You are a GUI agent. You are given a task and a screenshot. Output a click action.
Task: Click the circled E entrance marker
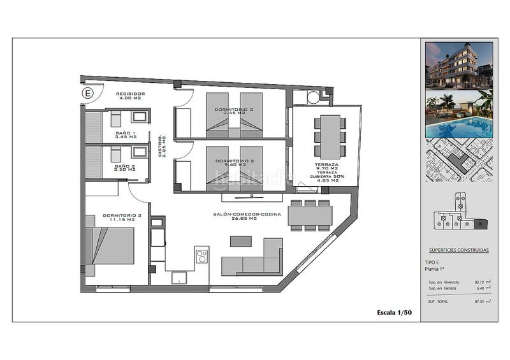click(88, 93)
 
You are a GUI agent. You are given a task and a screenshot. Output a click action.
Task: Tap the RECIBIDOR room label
click(131, 94)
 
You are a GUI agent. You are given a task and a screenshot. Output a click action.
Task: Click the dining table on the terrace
click(330, 136)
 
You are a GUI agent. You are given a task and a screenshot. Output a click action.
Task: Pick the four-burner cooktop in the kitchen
click(202, 256)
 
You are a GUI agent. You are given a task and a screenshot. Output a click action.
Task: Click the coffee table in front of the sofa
click(241, 241)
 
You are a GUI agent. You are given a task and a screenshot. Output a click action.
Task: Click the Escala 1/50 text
click(395, 312)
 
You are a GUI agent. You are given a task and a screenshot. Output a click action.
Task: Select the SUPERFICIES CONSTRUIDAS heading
click(459, 250)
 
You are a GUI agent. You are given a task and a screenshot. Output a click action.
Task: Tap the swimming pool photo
click(459, 114)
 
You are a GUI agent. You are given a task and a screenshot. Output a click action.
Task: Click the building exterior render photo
click(459, 65)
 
